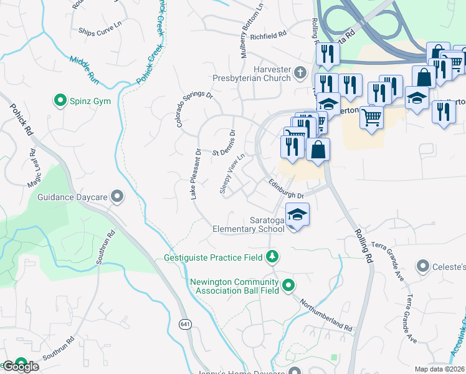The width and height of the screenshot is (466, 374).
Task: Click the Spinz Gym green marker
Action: (x=60, y=99)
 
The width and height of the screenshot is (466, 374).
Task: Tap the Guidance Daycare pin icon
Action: (x=117, y=197)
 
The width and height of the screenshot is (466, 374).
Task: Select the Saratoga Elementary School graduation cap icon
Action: (x=298, y=214)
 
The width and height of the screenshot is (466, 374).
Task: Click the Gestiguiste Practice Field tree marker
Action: (x=272, y=256)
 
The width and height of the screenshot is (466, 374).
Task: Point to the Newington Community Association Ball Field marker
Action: (x=288, y=285)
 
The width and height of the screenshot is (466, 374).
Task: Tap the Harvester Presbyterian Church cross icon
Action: (x=300, y=73)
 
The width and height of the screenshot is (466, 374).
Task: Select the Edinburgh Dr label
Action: (x=285, y=188)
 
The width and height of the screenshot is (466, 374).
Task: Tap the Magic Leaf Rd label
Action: (x=32, y=168)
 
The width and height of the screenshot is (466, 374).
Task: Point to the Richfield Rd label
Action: (x=268, y=37)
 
